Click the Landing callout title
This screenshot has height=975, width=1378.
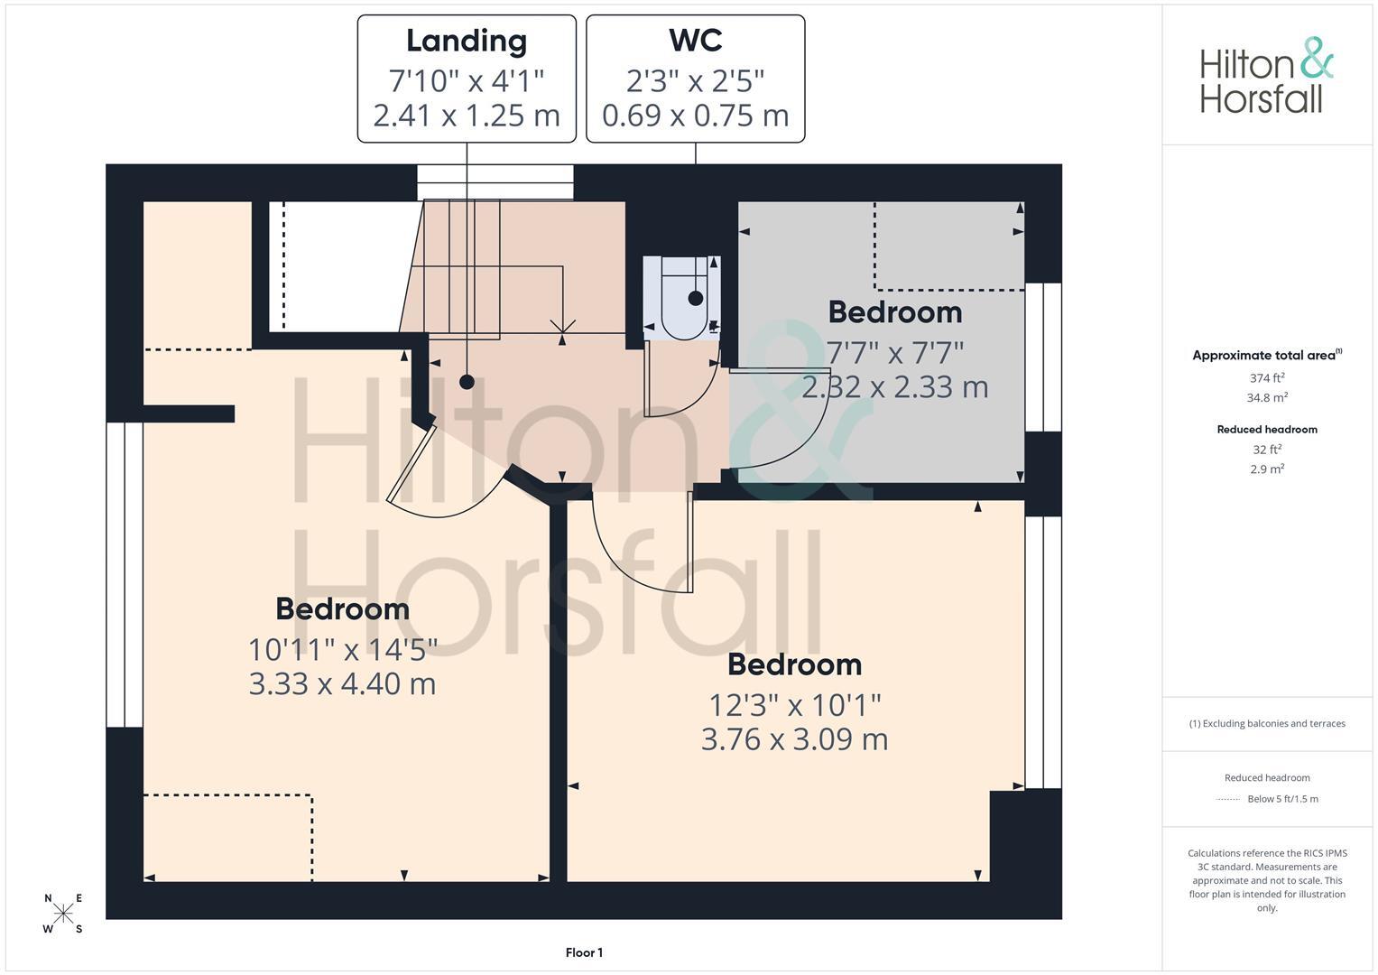tap(467, 42)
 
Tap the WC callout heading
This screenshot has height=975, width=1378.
tap(695, 41)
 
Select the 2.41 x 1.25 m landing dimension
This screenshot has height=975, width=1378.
tap(467, 116)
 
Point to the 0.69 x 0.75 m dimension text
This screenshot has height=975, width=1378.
tap(695, 116)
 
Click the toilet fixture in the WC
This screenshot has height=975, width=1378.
tap(683, 298)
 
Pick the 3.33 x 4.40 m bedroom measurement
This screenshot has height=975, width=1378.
tap(342, 684)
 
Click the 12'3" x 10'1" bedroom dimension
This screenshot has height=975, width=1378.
tap(795, 705)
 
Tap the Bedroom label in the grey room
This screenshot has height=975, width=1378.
tap(895, 312)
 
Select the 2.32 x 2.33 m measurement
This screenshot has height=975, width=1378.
tap(895, 387)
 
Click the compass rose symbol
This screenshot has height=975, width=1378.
tap(63, 913)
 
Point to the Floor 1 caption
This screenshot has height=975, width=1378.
tap(584, 952)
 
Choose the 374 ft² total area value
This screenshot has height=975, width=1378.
tap(1267, 378)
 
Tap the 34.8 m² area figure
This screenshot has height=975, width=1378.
tap(1267, 397)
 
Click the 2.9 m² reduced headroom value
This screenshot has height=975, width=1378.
tap(1267, 469)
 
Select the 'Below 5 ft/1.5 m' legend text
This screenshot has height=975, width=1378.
tap(1282, 799)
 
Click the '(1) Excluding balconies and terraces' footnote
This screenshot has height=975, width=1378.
tap(1267, 723)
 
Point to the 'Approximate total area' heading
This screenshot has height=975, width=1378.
tap(1267, 355)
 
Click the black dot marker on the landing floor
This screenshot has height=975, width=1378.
tap(467, 382)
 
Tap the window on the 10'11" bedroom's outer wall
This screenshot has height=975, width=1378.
tap(125, 575)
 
